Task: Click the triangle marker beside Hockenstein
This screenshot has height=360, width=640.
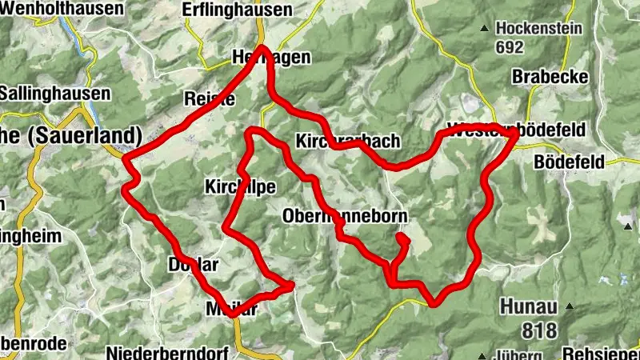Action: click(483, 30)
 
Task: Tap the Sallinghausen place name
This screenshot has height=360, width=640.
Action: click(54, 93)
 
